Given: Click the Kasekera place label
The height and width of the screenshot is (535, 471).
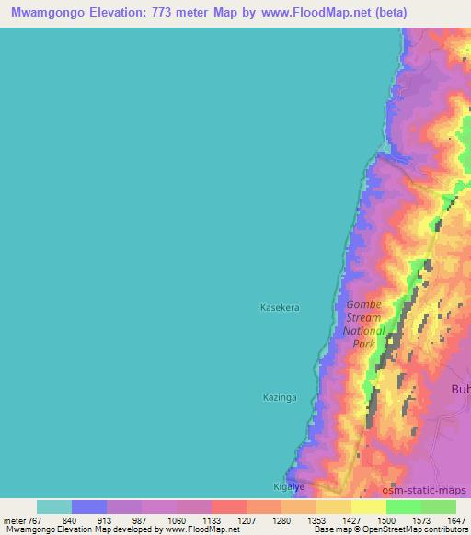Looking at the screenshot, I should [x=281, y=307].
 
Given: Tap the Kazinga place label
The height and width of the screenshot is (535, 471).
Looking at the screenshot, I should [x=280, y=396].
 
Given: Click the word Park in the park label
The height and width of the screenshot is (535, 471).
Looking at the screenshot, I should [x=365, y=343].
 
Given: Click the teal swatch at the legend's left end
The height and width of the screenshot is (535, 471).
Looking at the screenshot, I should [x=54, y=507].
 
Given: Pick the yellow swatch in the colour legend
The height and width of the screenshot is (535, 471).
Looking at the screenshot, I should [x=369, y=507].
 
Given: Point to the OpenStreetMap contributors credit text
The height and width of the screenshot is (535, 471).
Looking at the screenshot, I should [x=422, y=529].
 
